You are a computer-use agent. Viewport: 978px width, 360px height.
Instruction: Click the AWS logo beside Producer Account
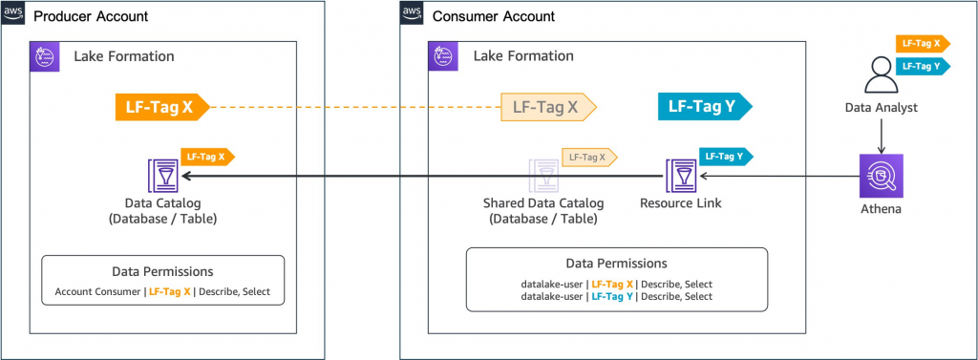coord(13,14)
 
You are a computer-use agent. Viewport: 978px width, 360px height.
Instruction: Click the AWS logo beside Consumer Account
coord(412,14)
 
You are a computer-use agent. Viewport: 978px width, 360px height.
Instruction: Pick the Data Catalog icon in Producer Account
coord(162,176)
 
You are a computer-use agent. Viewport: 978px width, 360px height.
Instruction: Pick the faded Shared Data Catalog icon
coord(545,177)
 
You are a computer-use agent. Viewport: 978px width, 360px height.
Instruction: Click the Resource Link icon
coord(682,177)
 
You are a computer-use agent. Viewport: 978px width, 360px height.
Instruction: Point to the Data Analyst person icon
coord(881,77)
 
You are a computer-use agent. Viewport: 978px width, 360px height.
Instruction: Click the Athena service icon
coord(881,176)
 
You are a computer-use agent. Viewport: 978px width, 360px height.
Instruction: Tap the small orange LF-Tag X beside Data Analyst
coord(922,43)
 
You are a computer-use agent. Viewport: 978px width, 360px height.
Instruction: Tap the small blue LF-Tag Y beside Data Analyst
coord(922,65)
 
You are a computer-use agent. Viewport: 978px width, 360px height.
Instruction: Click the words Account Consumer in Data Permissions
coord(98,291)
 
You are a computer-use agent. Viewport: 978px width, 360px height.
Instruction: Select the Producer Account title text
coord(91,15)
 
